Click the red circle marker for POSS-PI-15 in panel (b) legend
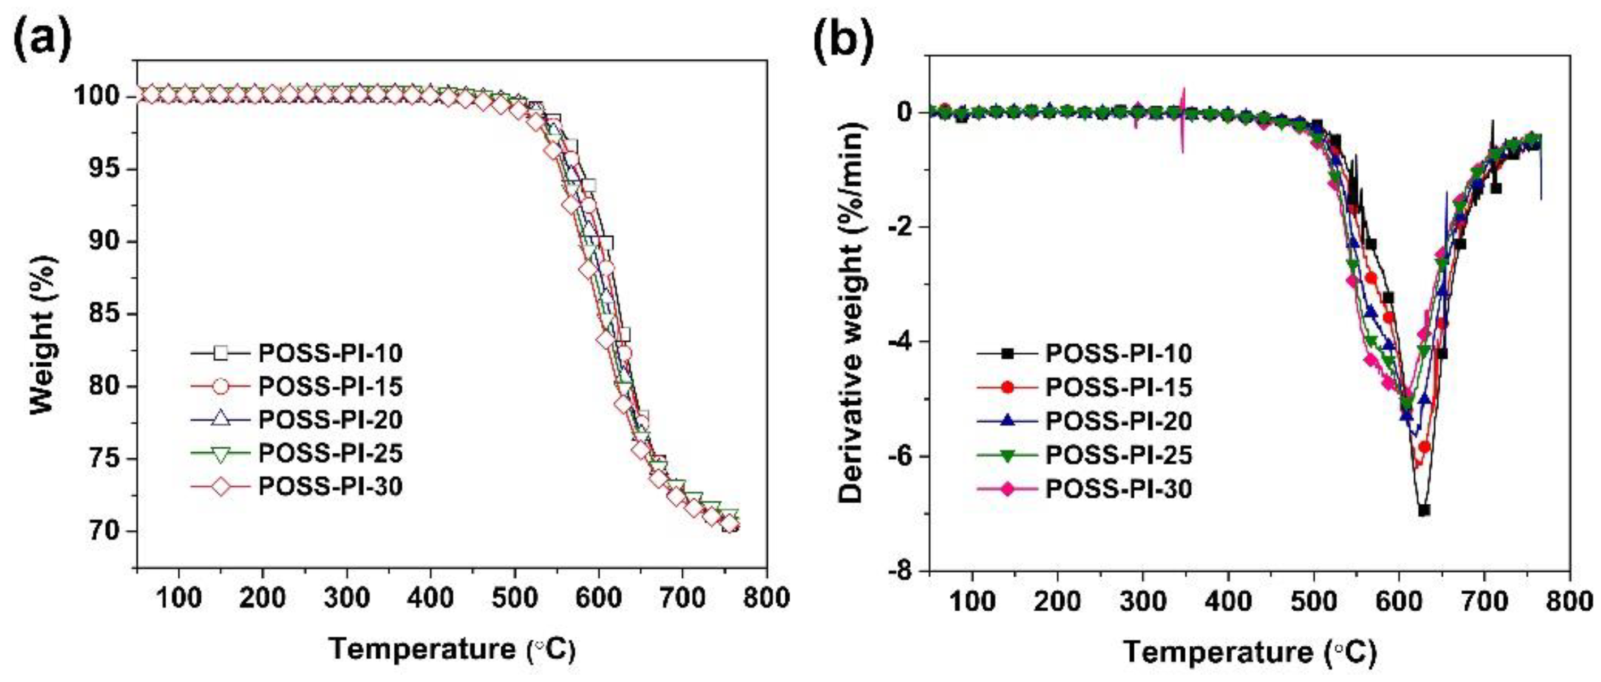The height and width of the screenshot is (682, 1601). (1008, 387)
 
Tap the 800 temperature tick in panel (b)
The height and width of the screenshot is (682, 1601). (1569, 600)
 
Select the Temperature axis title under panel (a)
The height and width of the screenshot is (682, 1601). (453, 649)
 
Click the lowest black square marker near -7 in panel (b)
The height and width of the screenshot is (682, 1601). (1424, 510)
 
